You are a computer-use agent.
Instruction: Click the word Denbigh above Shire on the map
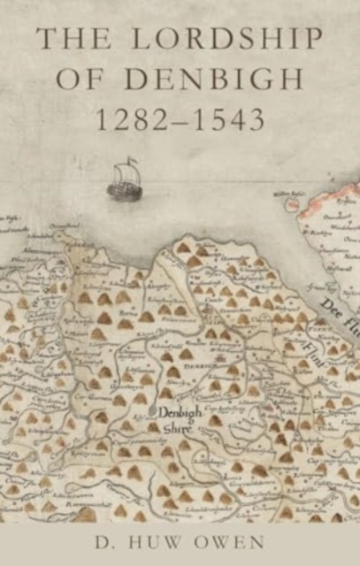click(180, 411)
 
